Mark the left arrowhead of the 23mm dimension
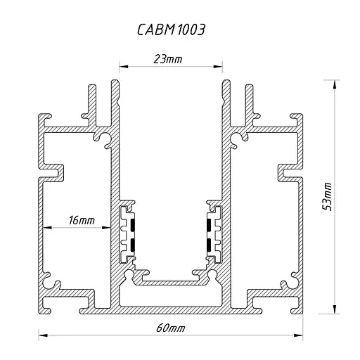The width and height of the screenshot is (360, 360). click(x=122, y=68)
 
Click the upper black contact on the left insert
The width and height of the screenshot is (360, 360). click(x=131, y=225)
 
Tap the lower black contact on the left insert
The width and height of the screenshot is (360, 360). click(x=131, y=244)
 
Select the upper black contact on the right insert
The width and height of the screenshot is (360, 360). click(x=208, y=225)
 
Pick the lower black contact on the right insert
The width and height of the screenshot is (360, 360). click(x=208, y=245)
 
